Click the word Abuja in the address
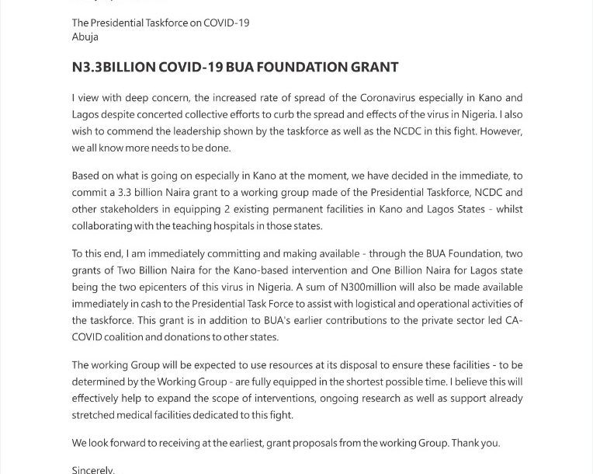pyautogui.click(x=85, y=37)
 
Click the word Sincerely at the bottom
pyautogui.click(x=92, y=470)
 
